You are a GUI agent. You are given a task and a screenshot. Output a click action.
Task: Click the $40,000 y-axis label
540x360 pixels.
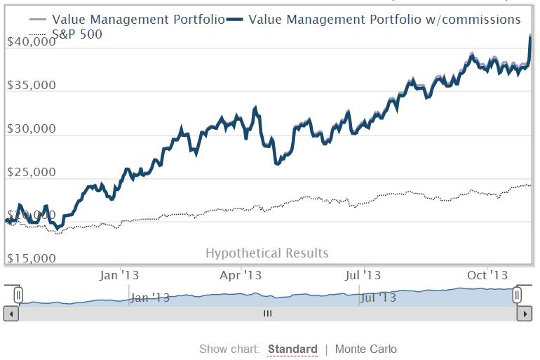[x=31, y=42]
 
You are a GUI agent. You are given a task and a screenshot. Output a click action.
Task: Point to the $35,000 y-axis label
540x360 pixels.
[x=31, y=86]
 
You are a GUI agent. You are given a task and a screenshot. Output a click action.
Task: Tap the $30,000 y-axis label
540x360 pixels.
[x=31, y=129]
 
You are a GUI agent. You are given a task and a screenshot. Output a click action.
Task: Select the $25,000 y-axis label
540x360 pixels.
[x=31, y=173]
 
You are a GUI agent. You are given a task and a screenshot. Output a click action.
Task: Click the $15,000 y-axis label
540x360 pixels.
[x=31, y=258]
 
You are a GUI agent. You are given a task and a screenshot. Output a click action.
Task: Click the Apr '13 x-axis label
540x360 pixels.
[x=242, y=275]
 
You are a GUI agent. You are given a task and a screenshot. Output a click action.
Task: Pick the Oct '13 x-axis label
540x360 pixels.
[x=487, y=275]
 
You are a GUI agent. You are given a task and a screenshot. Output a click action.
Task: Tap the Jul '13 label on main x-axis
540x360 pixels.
[x=364, y=275]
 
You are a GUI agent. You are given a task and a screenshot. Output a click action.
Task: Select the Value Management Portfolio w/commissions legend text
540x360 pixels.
[x=385, y=19]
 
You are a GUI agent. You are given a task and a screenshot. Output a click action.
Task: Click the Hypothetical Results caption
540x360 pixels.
[x=266, y=253]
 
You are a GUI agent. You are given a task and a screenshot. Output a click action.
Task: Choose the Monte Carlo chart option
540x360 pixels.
[x=365, y=349]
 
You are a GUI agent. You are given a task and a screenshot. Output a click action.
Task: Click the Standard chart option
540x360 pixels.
[x=292, y=349]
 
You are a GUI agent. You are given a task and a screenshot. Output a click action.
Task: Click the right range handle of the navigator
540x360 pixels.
[x=518, y=295]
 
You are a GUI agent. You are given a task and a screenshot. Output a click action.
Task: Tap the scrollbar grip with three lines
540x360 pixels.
[x=266, y=314]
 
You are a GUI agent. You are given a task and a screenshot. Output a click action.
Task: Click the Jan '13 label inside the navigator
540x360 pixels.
[x=150, y=298]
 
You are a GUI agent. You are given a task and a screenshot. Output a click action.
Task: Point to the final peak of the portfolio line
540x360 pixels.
[x=529, y=36]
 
